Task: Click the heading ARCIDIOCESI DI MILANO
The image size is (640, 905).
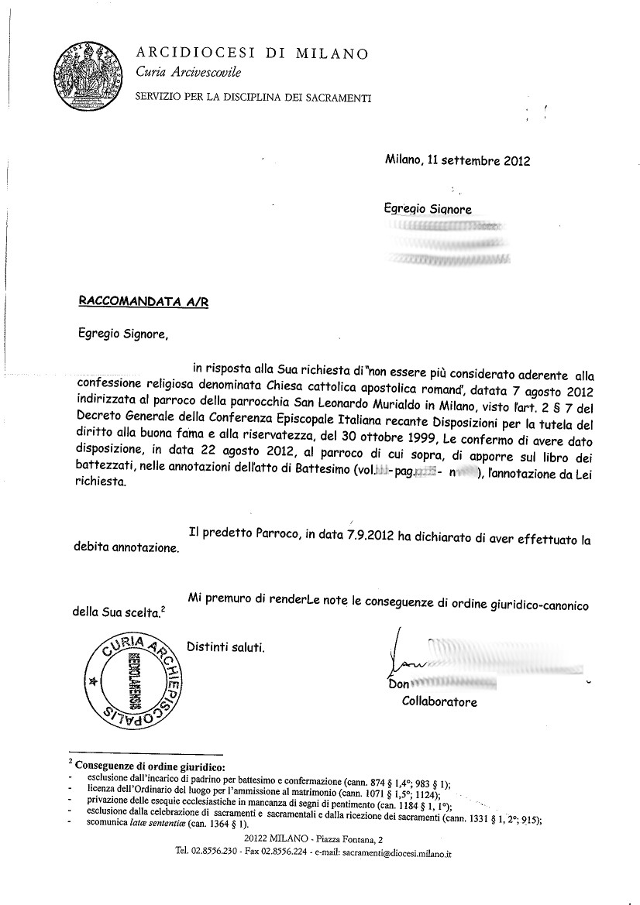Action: pyautogui.click(x=252, y=53)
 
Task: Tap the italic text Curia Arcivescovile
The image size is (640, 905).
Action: pyautogui.click(x=188, y=73)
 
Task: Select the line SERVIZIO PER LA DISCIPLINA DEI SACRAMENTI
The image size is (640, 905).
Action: pyautogui.click(x=253, y=98)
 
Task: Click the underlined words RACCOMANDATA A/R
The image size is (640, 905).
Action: pyautogui.click(x=143, y=302)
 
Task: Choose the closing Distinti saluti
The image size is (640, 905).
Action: pyautogui.click(x=226, y=647)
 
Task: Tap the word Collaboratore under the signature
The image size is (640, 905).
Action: pyautogui.click(x=439, y=701)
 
